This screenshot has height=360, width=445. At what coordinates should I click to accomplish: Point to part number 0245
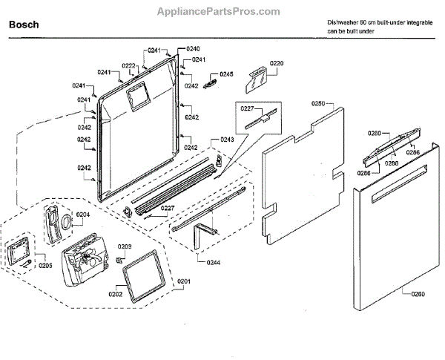click(226, 74)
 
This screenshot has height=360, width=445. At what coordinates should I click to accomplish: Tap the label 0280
click(375, 133)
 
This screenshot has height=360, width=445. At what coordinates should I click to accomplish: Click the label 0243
click(227, 140)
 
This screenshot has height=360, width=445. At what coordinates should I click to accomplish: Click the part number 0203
click(125, 246)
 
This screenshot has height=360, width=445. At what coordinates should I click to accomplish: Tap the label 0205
click(46, 265)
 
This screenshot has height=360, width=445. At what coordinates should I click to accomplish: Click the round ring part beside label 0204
click(66, 221)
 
